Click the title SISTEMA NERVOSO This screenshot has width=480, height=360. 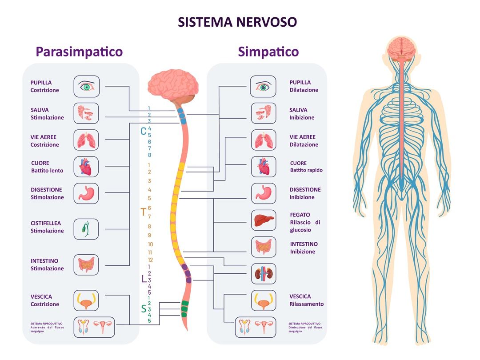(237, 22)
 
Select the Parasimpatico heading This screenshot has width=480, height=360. (79, 52)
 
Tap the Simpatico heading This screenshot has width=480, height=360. (268, 52)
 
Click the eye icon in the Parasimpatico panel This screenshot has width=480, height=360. (87, 86)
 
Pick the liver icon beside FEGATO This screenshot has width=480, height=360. (264, 220)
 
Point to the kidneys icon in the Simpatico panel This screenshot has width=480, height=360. (264, 274)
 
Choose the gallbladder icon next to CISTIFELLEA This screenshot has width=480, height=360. (86, 229)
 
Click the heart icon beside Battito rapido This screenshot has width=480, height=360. (264, 167)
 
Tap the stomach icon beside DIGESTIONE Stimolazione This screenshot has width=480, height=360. (86, 193)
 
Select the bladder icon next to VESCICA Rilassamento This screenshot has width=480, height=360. (264, 300)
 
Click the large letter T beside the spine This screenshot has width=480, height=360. (143, 212)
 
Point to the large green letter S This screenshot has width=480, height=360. (144, 309)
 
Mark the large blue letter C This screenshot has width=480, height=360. (143, 131)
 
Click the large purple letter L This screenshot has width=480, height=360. (144, 279)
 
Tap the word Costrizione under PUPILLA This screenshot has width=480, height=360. (45, 90)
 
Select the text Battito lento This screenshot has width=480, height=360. (47, 171)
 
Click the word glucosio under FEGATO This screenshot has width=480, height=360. (300, 230)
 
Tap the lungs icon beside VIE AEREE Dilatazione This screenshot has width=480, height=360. (264, 140)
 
